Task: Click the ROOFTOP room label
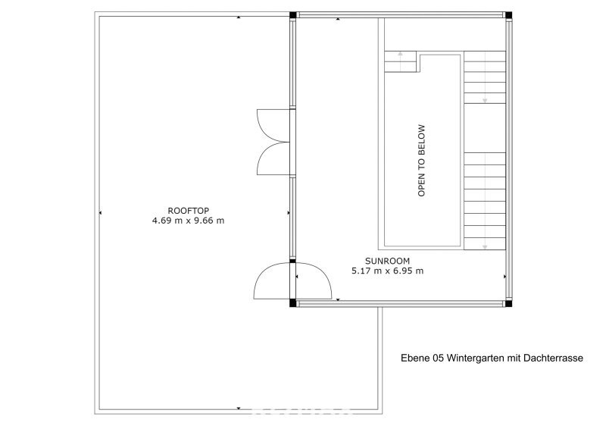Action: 188,211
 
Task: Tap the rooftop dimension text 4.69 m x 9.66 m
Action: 188,221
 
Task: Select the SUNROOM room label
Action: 387,261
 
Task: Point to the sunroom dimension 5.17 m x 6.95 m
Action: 387,271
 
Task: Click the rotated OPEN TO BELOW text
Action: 421,160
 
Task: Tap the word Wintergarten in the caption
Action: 476,359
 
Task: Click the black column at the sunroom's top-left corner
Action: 293,15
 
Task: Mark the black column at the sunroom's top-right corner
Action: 508,15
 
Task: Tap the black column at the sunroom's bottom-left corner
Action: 293,303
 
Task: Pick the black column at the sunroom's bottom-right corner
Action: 508,304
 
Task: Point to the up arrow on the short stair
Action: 401,61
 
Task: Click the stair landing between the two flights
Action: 485,128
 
